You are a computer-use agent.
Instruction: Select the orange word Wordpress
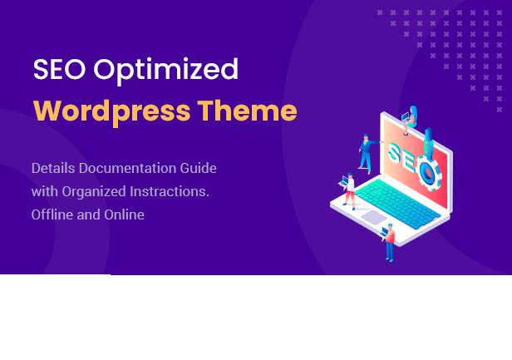pos(112,112)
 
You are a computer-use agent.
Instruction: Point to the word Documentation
pos(128,168)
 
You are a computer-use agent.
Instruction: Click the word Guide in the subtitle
pos(199,168)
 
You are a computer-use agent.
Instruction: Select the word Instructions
pos(170,191)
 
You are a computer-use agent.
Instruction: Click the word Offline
pos(52,215)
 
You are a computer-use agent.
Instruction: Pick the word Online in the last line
pos(124,215)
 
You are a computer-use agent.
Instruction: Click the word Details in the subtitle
pos(53,168)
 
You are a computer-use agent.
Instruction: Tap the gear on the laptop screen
pos(428,172)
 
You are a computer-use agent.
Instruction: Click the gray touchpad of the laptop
pos(374,217)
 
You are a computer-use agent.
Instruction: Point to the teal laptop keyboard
pos(396,203)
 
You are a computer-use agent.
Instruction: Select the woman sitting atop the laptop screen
pos(411,119)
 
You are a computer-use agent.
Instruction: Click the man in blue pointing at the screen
pos(368,153)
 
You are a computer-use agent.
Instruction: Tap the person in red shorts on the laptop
pos(347,191)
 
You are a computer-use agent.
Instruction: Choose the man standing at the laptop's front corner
pos(389,242)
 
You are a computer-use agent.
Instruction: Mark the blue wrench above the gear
pos(428,141)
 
